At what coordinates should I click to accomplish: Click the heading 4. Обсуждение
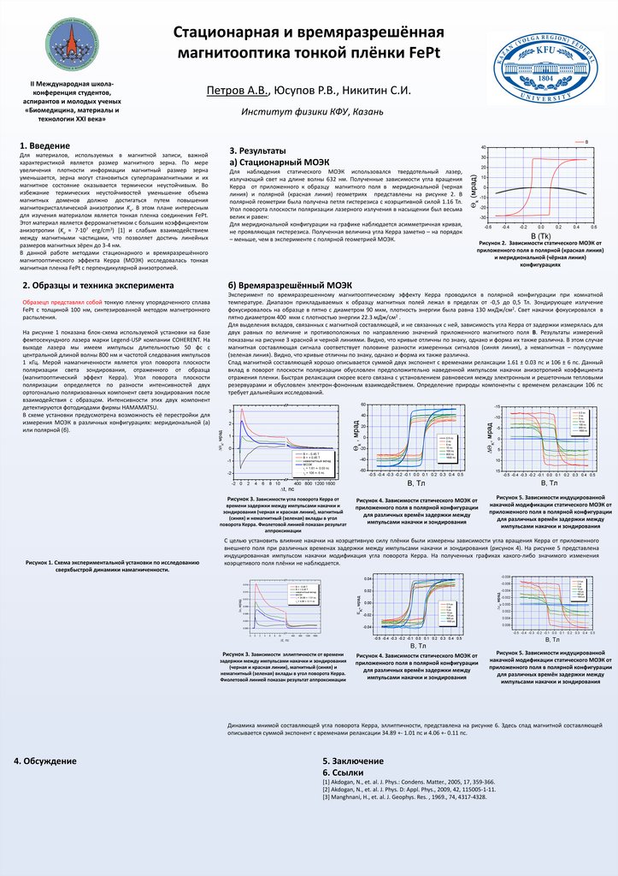click(45, 761)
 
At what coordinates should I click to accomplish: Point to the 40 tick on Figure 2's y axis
click(484, 148)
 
